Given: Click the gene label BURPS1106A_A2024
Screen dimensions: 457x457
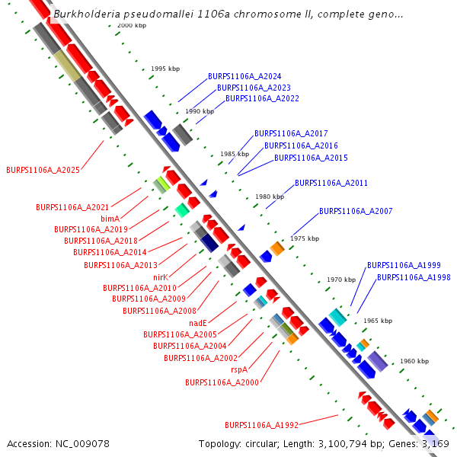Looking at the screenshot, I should coord(244,77).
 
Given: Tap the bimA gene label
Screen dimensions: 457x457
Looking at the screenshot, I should coord(110,218).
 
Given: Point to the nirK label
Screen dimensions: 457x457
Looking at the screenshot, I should coord(160,277).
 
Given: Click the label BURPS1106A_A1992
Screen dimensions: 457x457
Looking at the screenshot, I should coord(261,425).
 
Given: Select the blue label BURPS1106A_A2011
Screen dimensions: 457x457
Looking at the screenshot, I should coord(331,184).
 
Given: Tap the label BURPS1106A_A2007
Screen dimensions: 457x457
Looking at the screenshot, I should coord(356,211).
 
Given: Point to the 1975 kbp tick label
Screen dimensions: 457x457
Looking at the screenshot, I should coord(305,238).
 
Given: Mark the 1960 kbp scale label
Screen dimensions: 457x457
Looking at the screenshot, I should coord(414,361).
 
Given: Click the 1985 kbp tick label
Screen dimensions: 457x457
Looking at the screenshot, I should coord(235,154).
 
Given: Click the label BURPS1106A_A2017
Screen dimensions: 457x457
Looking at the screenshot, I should coord(291,133).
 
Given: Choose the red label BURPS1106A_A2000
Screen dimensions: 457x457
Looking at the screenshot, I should coord(222,382).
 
